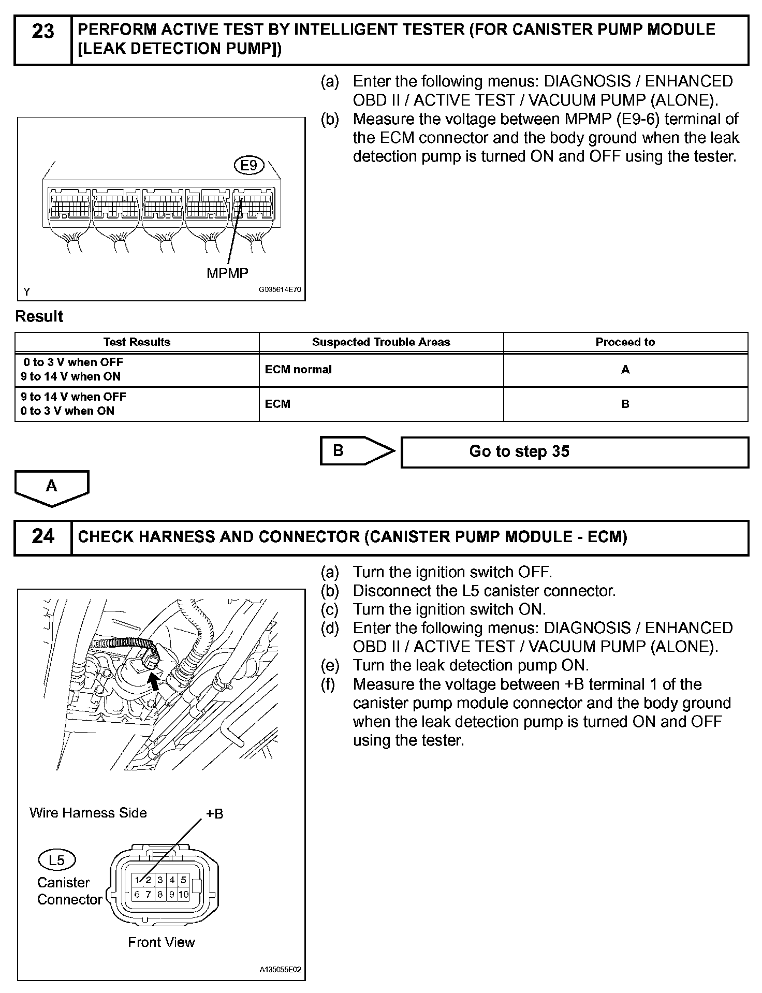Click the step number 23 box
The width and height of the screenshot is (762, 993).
pos(43,40)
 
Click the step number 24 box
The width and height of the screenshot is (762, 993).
pos(43,537)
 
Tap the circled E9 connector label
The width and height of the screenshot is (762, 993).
pos(249,166)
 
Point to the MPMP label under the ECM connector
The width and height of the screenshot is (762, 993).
pos(227,273)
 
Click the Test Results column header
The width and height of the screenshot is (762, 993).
pos(137,342)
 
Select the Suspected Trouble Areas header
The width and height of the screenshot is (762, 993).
pos(381,342)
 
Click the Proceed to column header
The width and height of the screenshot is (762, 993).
pos(625,342)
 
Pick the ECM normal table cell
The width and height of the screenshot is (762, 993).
pos(381,370)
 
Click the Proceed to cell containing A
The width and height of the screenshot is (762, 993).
pos(625,370)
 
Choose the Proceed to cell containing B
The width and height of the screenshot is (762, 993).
pos(625,404)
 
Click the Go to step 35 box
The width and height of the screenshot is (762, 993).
pos(575,452)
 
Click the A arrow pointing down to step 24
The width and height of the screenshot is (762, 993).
pos(52,487)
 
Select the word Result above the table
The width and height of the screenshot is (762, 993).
pos(39,316)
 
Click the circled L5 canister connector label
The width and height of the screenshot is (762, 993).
pos(57,860)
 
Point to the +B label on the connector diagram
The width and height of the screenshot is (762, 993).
pos(214,814)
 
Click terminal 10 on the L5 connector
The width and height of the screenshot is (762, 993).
pos(183,894)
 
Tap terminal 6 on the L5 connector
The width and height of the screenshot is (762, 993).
pos(137,894)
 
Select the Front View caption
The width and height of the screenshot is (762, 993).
pos(162,942)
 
